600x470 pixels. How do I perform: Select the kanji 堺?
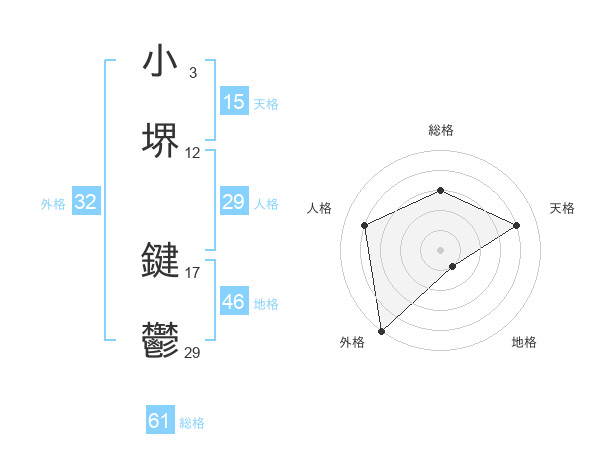tap(161, 140)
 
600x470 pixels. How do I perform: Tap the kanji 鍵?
tap(161, 260)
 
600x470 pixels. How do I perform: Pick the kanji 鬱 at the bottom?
tap(161, 339)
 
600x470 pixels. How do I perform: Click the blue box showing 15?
tap(233, 101)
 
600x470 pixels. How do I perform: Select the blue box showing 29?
tap(233, 202)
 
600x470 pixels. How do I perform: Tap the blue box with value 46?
tap(233, 302)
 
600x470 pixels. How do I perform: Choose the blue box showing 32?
tap(86, 202)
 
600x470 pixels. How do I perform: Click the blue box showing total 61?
tap(160, 421)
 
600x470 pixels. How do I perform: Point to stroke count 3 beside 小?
tap(192, 73)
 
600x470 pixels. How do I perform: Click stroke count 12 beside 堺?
tap(193, 153)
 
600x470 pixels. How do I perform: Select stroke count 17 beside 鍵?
tap(193, 272)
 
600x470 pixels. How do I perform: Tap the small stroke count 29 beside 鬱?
tap(193, 352)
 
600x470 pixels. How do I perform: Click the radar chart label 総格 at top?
tap(440, 130)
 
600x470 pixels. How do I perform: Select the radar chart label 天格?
tap(563, 208)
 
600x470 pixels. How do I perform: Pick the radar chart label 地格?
tap(524, 342)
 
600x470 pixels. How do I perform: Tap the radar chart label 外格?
tap(352, 342)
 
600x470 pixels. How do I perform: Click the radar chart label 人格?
tap(319, 208)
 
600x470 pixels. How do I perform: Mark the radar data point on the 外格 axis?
tap(381, 330)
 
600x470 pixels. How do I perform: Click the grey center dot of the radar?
tap(440, 249)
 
